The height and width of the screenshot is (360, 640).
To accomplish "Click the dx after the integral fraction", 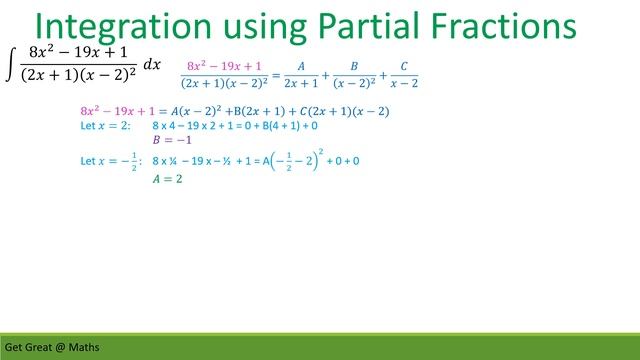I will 152,65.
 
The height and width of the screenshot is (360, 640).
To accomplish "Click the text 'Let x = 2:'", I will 105,126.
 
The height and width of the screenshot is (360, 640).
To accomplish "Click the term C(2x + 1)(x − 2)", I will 343,110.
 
